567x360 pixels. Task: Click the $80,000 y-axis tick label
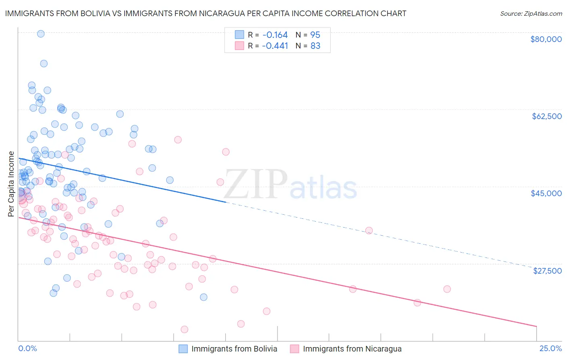[x=546, y=39]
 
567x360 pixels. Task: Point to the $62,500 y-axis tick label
[x=547, y=116]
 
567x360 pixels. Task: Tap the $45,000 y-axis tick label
[x=546, y=193]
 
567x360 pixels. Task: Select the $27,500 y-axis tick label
[x=547, y=271]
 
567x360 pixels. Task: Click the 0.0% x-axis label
[x=27, y=349]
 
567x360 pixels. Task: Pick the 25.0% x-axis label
[x=550, y=349]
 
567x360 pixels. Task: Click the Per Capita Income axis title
[x=11, y=184]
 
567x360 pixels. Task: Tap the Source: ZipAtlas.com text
[x=531, y=14]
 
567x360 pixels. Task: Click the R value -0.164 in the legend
[x=275, y=35]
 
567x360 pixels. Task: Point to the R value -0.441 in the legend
[x=275, y=46]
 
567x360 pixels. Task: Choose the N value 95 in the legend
[x=315, y=35]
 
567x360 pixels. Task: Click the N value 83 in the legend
[x=315, y=46]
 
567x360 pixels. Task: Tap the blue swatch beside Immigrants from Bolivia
[x=183, y=349]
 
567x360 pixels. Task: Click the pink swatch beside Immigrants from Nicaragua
[x=294, y=349]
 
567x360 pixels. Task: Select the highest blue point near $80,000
[x=41, y=34]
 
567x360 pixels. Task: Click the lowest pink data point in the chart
[x=184, y=329]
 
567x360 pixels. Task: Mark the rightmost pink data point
[x=447, y=289]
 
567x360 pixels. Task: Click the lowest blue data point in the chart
[x=204, y=297]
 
